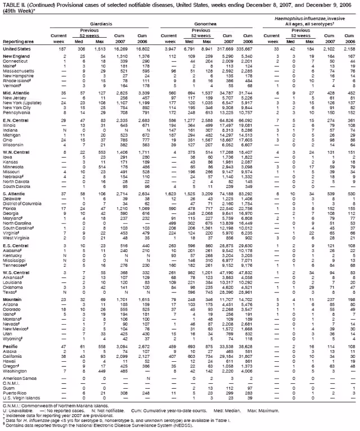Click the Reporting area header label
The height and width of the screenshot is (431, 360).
(x=17, y=41)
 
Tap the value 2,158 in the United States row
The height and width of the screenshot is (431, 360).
(x=348, y=50)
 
